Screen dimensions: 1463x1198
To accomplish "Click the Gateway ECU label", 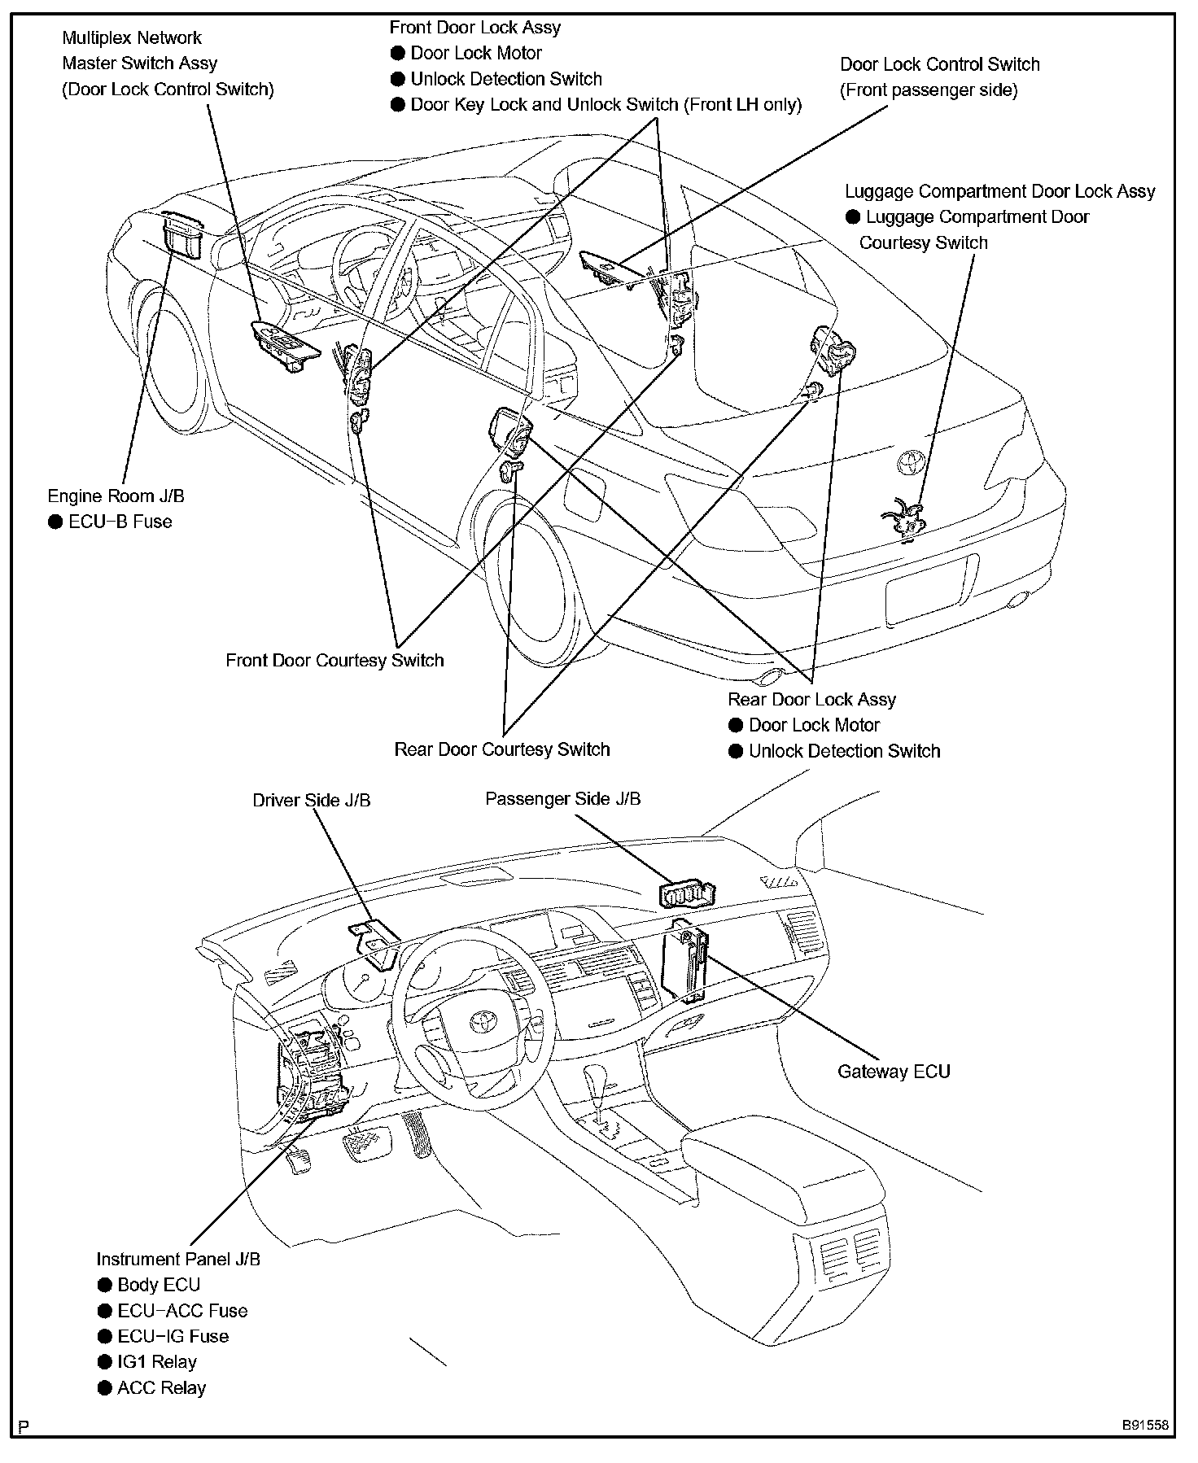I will [894, 1071].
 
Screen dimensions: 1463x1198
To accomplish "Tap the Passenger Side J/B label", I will [562, 798].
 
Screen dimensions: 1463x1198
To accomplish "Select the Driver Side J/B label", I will [311, 800].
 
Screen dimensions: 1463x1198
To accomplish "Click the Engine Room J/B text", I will [116, 496].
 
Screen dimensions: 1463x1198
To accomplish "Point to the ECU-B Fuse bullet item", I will [120, 522].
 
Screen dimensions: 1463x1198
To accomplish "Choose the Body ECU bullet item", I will [158, 1285].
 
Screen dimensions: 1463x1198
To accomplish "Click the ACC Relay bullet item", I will [161, 1387].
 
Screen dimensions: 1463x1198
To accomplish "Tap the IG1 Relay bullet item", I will [156, 1361].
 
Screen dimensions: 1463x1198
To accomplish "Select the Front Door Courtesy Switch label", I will [334, 660].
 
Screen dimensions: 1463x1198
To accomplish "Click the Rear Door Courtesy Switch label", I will [501, 749].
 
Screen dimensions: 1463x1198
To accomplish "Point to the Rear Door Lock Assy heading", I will [811, 699].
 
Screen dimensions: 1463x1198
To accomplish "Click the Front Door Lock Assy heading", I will [475, 27].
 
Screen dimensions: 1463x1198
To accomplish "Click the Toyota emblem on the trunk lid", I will [907, 462].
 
